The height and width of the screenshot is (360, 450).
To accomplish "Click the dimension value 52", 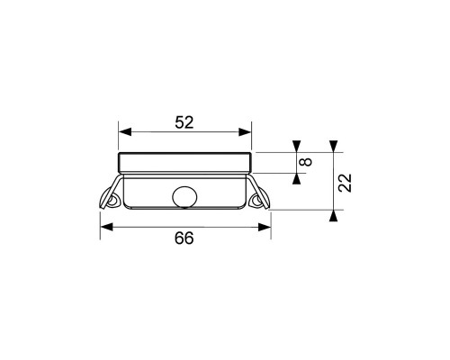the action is click(x=184, y=122).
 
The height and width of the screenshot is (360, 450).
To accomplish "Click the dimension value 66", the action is click(x=184, y=238).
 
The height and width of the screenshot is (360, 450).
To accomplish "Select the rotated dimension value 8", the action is click(x=306, y=162).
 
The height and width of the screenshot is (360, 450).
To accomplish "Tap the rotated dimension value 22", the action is click(x=345, y=183).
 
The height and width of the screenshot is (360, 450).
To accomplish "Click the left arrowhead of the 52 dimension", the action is click(x=125, y=131).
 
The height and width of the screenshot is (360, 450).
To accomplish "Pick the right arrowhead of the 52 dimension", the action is click(x=245, y=131).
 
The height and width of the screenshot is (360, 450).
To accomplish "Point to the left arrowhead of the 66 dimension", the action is click(x=106, y=227).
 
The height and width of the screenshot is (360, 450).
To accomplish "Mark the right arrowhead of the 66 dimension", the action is click(x=265, y=227).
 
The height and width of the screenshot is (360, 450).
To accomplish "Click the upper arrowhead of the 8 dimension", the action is click(x=296, y=146).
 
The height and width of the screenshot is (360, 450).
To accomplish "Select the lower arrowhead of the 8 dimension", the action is click(x=296, y=179).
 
